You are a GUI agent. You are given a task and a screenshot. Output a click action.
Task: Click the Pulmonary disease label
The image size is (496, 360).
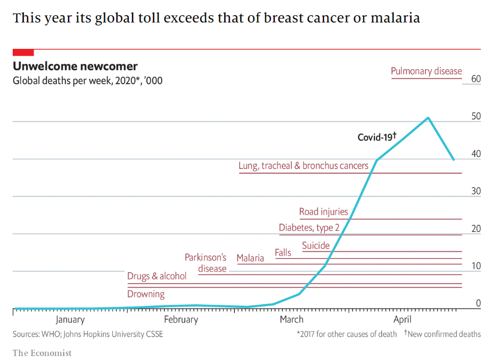point(426,71)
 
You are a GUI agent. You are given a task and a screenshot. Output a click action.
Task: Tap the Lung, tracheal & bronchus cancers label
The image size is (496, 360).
point(303,166)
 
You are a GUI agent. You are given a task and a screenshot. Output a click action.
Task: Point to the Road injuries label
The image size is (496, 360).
point(323,212)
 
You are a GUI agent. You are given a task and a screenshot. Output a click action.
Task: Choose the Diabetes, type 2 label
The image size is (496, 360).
point(309,228)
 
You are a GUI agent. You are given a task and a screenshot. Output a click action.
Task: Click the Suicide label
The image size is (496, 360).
point(315,246)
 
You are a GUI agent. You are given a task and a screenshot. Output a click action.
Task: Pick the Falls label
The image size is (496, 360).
point(283,253)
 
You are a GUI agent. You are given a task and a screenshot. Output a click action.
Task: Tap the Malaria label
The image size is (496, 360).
point(250,258)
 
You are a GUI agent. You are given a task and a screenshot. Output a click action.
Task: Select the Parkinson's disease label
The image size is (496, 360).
point(206,263)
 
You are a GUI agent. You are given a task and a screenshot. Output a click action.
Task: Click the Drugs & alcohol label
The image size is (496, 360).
point(157,276)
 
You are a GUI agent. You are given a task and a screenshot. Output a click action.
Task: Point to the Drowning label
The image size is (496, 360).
point(146,294)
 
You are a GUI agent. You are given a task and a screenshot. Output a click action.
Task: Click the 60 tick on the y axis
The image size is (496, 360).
point(475,79)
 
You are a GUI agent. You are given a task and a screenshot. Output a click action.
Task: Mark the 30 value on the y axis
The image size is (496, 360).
point(475,191)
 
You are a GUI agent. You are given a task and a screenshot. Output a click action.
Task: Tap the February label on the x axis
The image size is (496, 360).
point(181,320)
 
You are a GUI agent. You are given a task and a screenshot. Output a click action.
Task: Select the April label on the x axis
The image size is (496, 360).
point(402,320)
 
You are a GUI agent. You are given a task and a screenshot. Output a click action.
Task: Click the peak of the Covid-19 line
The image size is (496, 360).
point(428,118)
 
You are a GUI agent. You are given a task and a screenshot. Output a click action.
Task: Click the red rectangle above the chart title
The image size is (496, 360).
point(23,52)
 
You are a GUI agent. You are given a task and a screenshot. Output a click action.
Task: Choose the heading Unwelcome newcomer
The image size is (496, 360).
point(75,66)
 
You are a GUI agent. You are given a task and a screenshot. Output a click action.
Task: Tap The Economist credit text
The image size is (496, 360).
point(42,353)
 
